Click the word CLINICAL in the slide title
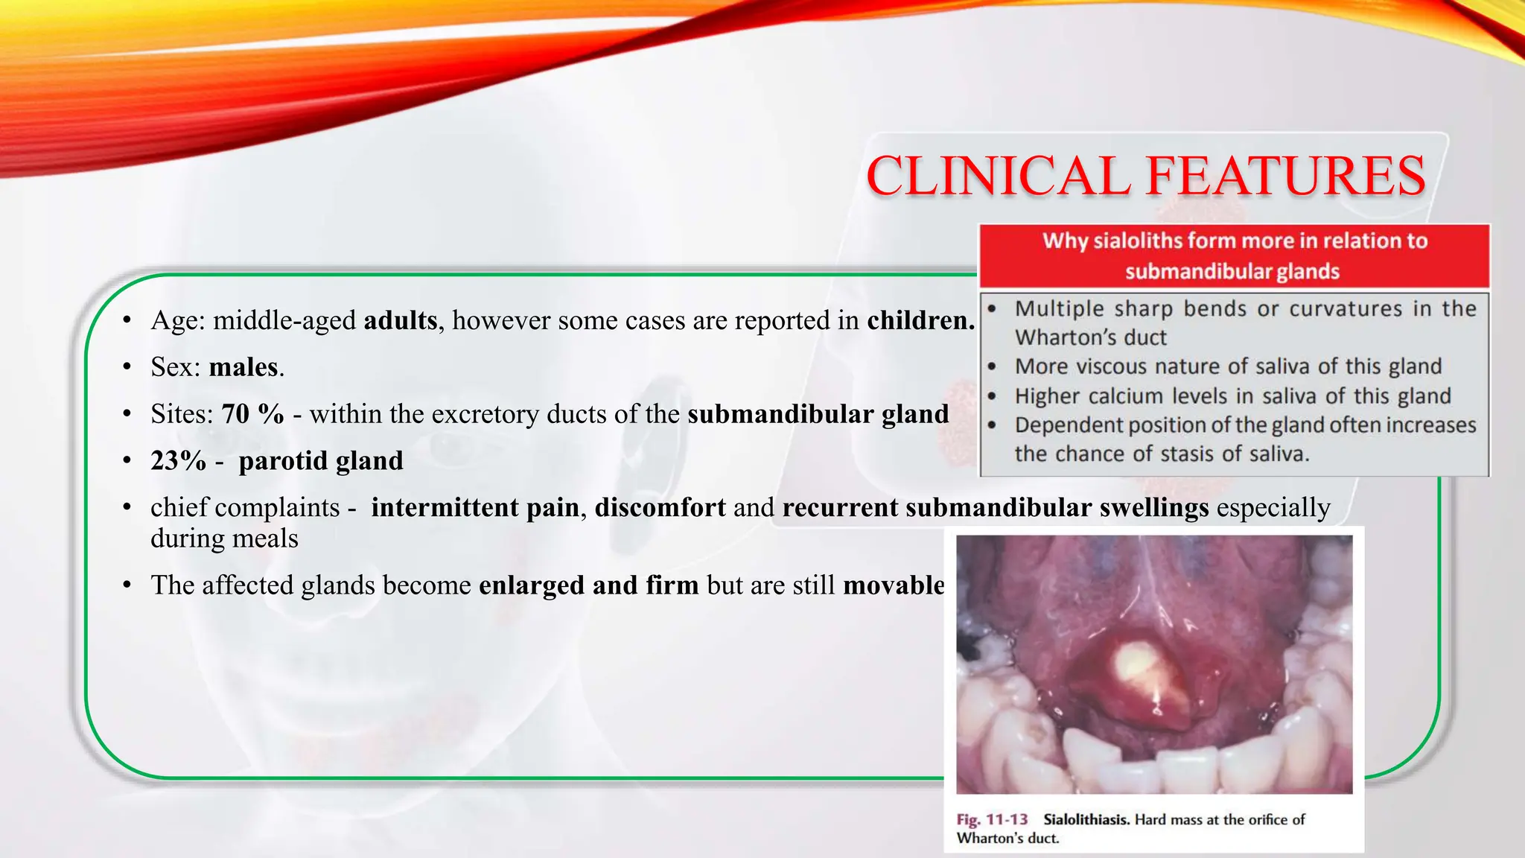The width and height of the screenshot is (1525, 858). [x=998, y=177]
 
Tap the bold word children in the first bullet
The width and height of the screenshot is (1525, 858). [x=920, y=320]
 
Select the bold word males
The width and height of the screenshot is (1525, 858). [x=243, y=367]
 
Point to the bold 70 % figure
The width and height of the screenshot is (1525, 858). [x=253, y=414]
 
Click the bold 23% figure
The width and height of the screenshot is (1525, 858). [x=178, y=461]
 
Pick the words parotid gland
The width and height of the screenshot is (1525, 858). [x=321, y=461]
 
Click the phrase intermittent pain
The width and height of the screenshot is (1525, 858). [x=475, y=508]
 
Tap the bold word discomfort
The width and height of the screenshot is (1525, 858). [x=660, y=508]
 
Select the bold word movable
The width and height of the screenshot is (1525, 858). [x=894, y=585]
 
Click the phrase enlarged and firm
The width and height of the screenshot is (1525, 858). [x=588, y=585]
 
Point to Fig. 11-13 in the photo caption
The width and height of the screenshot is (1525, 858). [x=992, y=820]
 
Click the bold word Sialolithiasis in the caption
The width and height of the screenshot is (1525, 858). [x=1086, y=820]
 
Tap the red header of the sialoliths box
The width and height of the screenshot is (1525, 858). [x=1234, y=255]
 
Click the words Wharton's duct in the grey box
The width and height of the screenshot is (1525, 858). [x=1090, y=338]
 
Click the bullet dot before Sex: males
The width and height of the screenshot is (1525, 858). [x=127, y=367]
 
